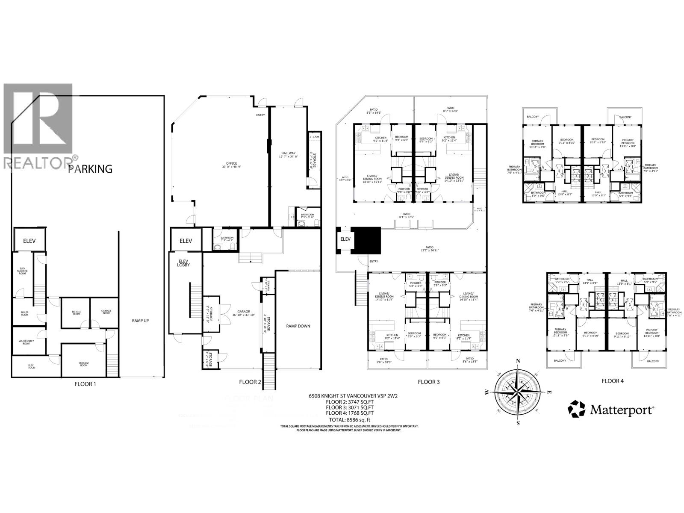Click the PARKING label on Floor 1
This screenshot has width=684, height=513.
tap(91, 169)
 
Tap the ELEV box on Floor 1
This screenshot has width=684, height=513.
tap(29, 241)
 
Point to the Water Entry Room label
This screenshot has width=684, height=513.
tap(27, 342)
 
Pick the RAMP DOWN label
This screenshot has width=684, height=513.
tap(298, 326)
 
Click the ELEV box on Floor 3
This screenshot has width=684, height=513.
tap(345, 239)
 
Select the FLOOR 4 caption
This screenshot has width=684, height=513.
tap(612, 380)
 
